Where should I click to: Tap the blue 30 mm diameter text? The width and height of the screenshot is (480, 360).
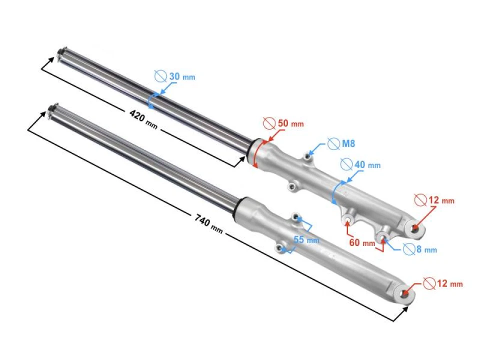click(182, 77)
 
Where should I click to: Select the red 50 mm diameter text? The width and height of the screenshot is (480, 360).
click(290, 123)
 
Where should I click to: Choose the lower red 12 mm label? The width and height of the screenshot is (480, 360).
click(449, 284)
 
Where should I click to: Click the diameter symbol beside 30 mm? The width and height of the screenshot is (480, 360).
click(160, 76)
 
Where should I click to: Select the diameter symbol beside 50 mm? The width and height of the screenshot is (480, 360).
click(268, 123)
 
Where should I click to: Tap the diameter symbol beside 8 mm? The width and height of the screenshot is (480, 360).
click(408, 248)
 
